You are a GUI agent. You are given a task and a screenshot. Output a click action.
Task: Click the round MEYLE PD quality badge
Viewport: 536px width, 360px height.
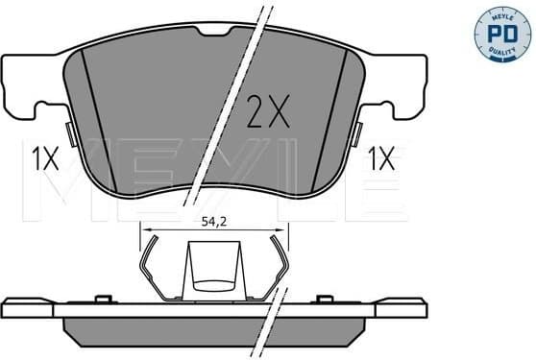pyautogui.click(x=502, y=32)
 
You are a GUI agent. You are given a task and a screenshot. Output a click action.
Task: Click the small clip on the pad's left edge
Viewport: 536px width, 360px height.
pyautogui.click(x=68, y=132)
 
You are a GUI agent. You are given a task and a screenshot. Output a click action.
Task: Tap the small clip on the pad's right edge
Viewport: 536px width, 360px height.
pyautogui.click(x=358, y=132)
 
